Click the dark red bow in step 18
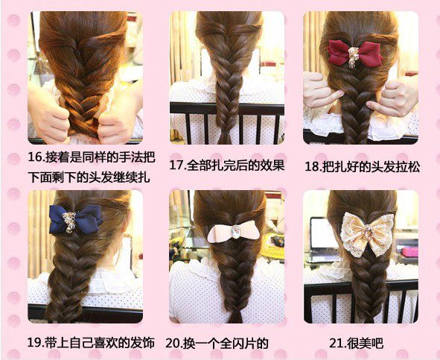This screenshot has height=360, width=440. coord(355,54)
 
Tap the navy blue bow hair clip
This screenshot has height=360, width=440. coord(75,220)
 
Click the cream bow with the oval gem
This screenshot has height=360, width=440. coord(234,232)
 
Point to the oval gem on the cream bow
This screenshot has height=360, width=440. coord(236,232)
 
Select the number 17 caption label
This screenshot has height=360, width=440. coord(176,165)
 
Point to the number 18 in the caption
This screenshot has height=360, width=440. coord(312,167)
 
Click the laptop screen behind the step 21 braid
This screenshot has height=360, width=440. coord(322,233)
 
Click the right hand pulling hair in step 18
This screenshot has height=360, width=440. coord(393,95)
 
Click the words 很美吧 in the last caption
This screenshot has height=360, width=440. coord(365,344)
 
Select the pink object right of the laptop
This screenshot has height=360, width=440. coord(409,252)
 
